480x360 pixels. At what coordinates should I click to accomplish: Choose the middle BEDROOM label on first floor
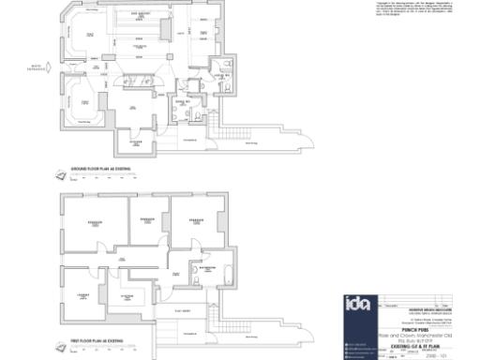tap(146, 219)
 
